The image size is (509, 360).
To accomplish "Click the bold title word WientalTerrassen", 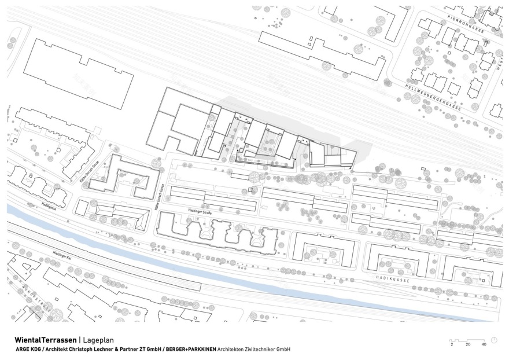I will point(42,340).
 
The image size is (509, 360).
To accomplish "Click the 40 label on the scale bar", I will point(484,344).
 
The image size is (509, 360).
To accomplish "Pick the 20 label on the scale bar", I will point(467,344).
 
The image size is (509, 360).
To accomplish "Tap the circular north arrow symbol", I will point(494,339).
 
